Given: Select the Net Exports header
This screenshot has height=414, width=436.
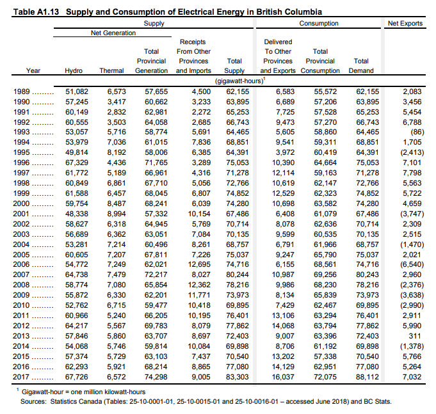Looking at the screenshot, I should (x=405, y=24).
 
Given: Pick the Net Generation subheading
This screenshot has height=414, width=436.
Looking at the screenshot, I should (x=113, y=33).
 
